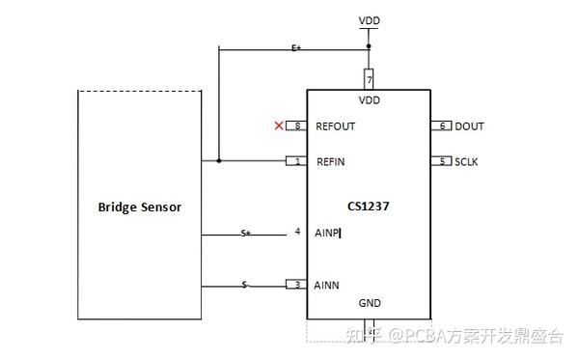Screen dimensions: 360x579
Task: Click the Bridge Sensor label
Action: point(140,207)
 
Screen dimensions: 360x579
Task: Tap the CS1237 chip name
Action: point(368,206)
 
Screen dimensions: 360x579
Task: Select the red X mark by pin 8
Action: point(279,125)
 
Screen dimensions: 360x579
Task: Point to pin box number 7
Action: point(369,77)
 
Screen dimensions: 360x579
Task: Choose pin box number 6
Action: point(441,126)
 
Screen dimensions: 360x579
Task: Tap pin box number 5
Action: point(441,161)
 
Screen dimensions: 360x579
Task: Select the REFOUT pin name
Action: point(336,126)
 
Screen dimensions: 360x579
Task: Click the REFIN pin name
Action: point(331,161)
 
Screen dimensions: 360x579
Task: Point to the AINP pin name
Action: point(327,233)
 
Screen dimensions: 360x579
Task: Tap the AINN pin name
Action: point(328,284)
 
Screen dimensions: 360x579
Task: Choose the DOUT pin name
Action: point(469,126)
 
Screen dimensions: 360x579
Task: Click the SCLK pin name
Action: point(466,161)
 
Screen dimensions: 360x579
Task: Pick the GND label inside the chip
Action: point(370,303)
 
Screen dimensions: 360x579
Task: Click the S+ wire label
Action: point(247,233)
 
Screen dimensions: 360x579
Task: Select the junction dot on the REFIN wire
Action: point(219,161)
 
